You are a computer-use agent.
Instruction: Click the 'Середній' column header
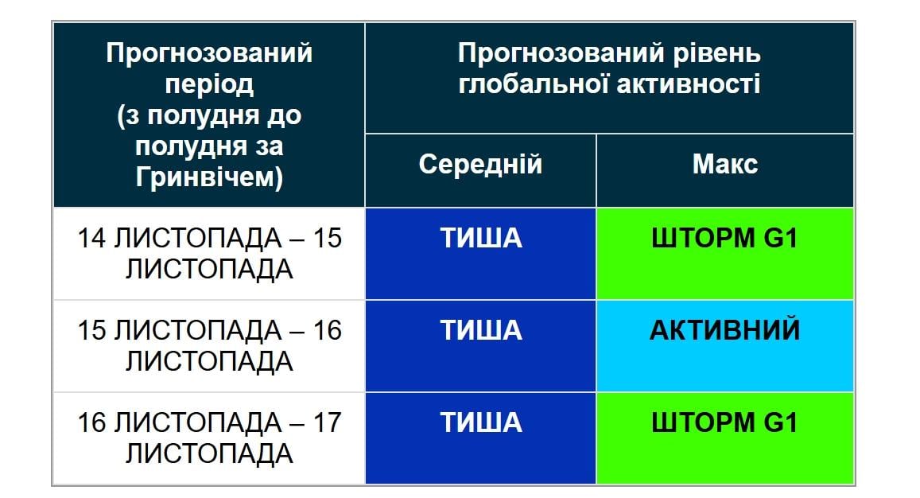[x=480, y=165]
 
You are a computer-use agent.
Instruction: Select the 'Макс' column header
[x=724, y=165]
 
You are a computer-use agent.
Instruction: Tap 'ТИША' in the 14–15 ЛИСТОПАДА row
[x=480, y=238]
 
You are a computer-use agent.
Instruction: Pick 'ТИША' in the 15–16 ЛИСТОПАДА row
[x=480, y=330]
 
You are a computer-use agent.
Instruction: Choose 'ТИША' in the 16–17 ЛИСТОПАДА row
[x=480, y=422]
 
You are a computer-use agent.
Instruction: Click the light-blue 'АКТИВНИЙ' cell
[x=724, y=330]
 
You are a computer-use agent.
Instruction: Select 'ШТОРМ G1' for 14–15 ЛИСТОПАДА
[x=724, y=238]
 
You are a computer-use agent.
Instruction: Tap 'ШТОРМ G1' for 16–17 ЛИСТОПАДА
[x=724, y=422]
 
